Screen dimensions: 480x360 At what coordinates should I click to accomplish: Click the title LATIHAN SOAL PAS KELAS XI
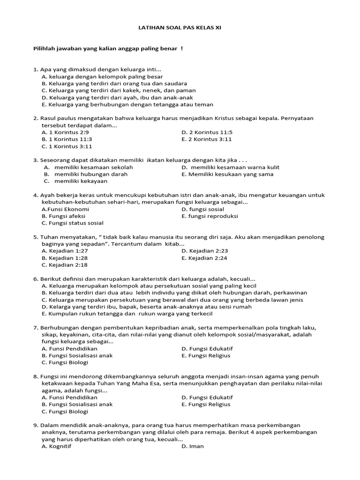[x=180, y=28]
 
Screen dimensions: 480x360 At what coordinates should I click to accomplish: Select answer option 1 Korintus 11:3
[x=67, y=139]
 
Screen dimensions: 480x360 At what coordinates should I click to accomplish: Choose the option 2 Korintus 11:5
[x=207, y=132]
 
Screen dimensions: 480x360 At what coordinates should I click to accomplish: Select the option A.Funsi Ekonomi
[x=65, y=209]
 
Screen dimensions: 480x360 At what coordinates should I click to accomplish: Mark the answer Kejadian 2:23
[x=204, y=251]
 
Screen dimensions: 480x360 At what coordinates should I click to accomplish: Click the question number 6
[x=35, y=279]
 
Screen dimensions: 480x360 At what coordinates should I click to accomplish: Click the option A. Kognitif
[x=54, y=446]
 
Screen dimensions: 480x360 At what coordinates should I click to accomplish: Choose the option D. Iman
[x=192, y=446]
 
